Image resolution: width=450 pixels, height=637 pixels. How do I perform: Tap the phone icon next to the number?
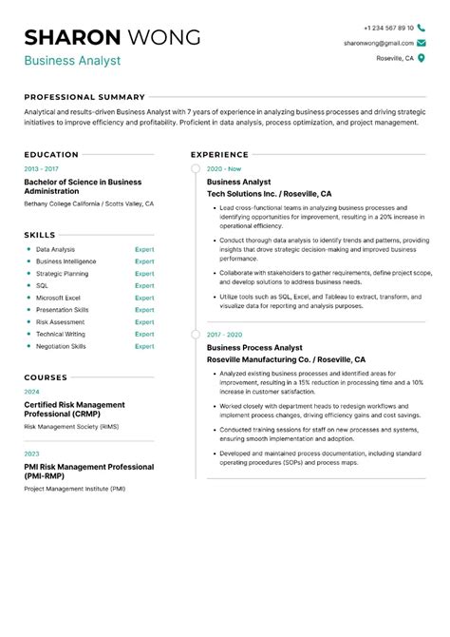pos(422,29)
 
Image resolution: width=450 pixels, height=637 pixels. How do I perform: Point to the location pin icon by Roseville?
pos(422,58)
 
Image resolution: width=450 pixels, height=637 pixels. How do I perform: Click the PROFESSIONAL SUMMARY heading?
pos(84,97)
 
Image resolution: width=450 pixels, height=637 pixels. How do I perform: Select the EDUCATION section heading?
pos(51,154)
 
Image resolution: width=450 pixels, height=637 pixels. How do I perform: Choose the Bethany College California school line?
pos(88,204)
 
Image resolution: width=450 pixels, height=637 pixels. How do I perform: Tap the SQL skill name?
pos(43,285)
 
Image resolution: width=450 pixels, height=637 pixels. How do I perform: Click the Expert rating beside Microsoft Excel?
pos(144,298)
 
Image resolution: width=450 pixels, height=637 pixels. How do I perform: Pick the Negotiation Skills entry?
pos(61,346)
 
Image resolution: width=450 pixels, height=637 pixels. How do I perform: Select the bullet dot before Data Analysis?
pos(28,249)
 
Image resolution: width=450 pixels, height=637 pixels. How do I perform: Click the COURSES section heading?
pos(46,377)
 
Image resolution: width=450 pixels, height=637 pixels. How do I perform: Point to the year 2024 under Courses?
pos(32,392)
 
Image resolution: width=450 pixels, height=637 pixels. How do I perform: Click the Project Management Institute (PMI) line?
pos(75,489)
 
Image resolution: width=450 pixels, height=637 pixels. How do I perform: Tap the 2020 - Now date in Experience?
pos(224,168)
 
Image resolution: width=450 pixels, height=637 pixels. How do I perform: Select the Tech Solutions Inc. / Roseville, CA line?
pos(275,192)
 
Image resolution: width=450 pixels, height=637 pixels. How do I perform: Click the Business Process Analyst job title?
pos(254,348)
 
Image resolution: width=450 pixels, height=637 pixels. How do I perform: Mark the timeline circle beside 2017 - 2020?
pos(196,335)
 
